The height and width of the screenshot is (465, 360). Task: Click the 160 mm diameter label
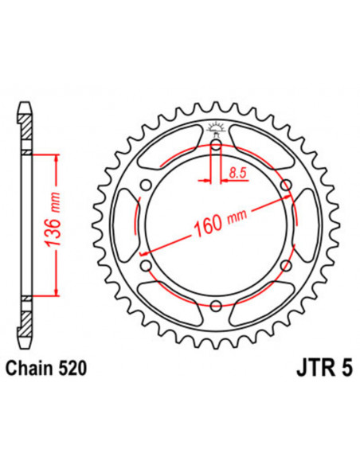(220, 224)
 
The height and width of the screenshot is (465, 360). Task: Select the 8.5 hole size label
(237, 170)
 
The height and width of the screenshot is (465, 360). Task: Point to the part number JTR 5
(306, 369)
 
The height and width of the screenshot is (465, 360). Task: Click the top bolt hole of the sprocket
(215, 144)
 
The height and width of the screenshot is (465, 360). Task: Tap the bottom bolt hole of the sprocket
(215, 305)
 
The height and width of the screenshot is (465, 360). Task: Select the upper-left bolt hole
(145, 185)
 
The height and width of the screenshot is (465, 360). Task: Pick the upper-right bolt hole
(285, 185)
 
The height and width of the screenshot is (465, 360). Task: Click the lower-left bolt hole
(145, 265)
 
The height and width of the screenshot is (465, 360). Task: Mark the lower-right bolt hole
(285, 265)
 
